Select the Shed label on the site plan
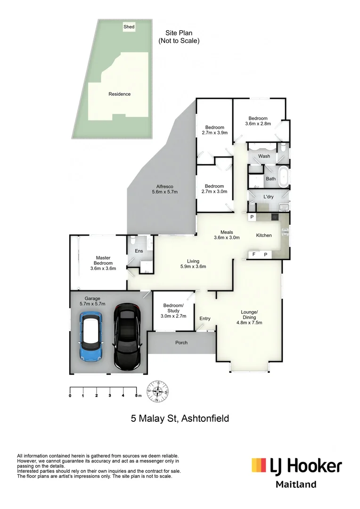coord(129,27)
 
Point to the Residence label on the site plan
coord(120,94)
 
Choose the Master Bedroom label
coord(103,260)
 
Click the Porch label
coord(181,343)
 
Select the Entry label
coord(205,319)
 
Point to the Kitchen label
coord(264,235)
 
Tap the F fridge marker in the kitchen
coord(254,254)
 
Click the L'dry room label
coord(268,197)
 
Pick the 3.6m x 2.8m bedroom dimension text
coord(258,124)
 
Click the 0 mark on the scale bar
coord(70,396)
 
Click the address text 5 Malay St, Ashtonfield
coord(180,418)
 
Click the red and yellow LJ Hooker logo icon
coord(258,465)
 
